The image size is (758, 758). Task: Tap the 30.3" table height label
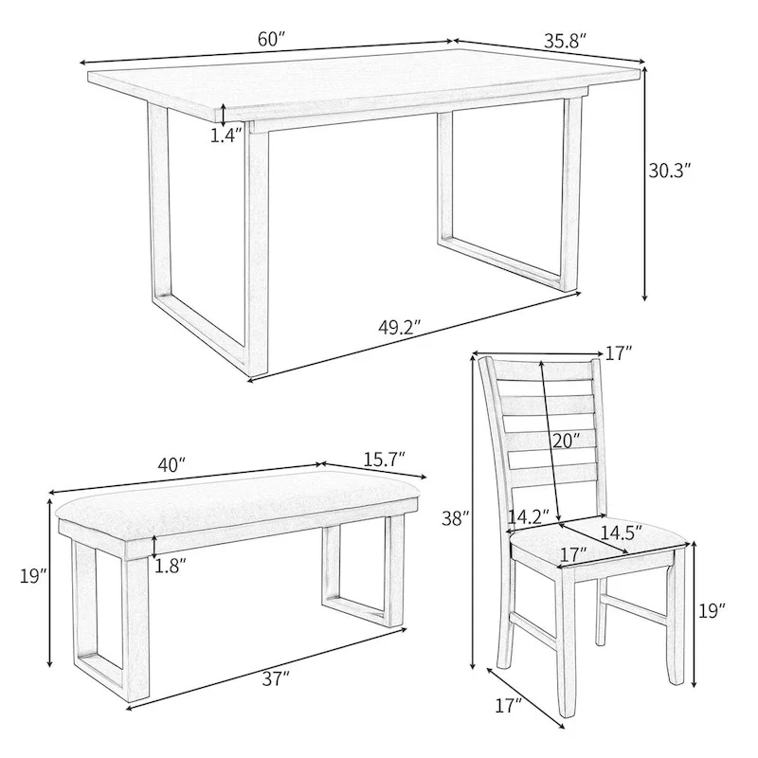pyautogui.click(x=670, y=171)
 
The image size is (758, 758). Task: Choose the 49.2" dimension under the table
pyautogui.click(x=399, y=327)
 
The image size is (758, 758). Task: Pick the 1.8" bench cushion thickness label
pyautogui.click(x=171, y=566)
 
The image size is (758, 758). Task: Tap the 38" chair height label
pyautogui.click(x=456, y=517)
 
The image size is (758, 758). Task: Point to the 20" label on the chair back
pyautogui.click(x=566, y=440)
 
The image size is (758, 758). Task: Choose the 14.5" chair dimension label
pyautogui.click(x=616, y=532)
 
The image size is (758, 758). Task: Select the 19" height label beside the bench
pyautogui.click(x=32, y=574)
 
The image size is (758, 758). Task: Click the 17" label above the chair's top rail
pyautogui.click(x=618, y=353)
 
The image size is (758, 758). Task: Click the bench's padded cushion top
pyautogui.click(x=237, y=497)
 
